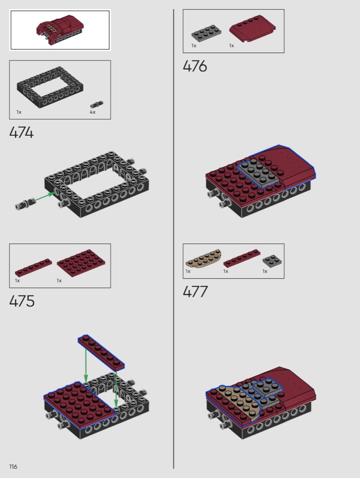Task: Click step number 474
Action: (x=21, y=132)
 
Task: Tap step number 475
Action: (x=22, y=301)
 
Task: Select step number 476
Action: (x=195, y=66)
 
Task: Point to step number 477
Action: (x=195, y=291)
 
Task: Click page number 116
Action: (x=13, y=467)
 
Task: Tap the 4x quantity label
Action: (x=93, y=112)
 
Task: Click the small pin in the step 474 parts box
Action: (x=97, y=104)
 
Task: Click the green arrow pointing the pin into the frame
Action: (x=46, y=196)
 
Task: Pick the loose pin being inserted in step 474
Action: (x=25, y=203)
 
